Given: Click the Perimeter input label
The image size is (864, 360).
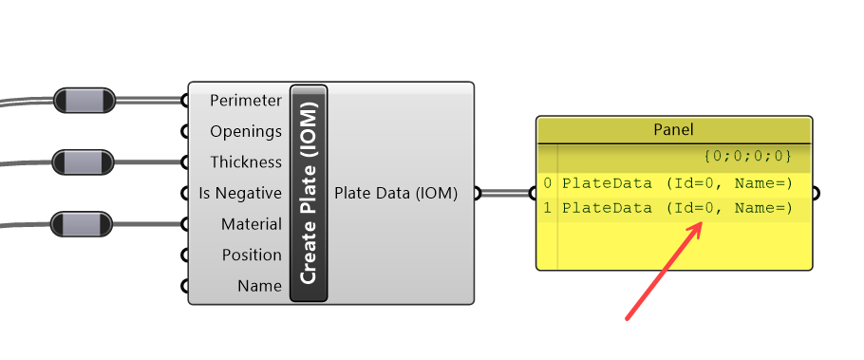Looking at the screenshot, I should pyautogui.click(x=245, y=101).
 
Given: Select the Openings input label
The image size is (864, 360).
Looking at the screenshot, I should pyautogui.click(x=245, y=131).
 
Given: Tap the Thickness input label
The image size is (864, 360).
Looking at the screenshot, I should pyautogui.click(x=245, y=162).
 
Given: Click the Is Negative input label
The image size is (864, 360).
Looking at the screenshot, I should pyautogui.click(x=239, y=194).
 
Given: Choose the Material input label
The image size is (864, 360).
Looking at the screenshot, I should pyautogui.click(x=252, y=224).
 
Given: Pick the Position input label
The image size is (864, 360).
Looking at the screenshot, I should pyautogui.click(x=252, y=255).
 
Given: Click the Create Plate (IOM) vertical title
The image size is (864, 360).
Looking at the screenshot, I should pyautogui.click(x=309, y=194).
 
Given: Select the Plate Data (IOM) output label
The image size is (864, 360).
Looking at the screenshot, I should pyautogui.click(x=396, y=194).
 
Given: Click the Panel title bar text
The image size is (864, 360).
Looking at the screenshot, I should pyautogui.click(x=674, y=129).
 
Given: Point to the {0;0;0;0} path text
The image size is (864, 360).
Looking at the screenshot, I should pyautogui.click(x=747, y=154).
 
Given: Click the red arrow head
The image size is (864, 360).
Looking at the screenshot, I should pyautogui.click(x=700, y=227).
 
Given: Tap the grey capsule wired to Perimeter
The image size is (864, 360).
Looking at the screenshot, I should pyautogui.click(x=84, y=100).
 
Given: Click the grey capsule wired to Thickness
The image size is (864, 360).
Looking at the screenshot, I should pyautogui.click(x=84, y=162).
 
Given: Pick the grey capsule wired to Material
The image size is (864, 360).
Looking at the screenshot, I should pyautogui.click(x=84, y=225).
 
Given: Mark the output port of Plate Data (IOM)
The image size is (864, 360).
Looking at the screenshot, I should pyautogui.click(x=477, y=194).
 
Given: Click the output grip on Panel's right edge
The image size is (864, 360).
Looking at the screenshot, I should pyautogui.click(x=815, y=194).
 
